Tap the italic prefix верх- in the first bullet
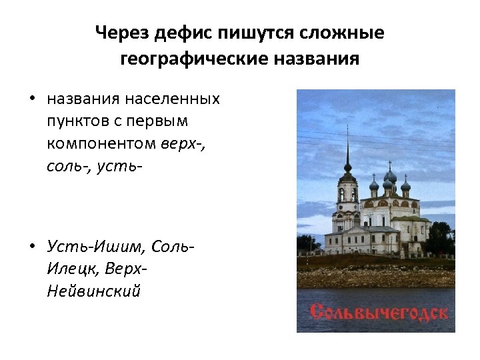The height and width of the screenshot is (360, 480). click(183, 143)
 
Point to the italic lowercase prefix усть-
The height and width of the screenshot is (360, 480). click(119, 165)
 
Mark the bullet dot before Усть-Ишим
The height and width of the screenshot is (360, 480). click(32, 248)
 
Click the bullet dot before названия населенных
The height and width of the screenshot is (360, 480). click(32, 100)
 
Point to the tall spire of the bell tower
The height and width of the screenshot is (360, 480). click(347, 143)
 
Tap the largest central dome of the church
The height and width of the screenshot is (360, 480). click(391, 177)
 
